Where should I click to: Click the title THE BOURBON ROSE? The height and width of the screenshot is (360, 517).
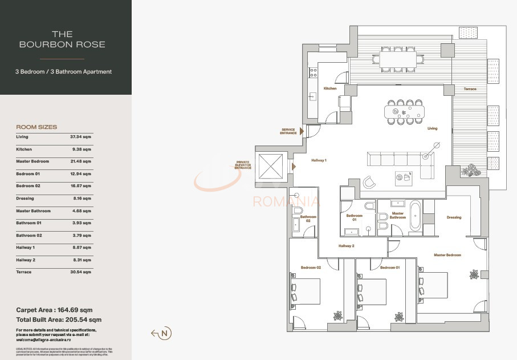pos(62,39)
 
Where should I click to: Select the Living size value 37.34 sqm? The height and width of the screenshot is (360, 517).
pos(80,137)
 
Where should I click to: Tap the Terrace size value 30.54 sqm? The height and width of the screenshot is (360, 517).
pos(80,272)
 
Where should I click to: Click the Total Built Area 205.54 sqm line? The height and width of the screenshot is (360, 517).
pos(59,320)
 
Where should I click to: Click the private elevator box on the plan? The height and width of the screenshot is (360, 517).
pos(270,166)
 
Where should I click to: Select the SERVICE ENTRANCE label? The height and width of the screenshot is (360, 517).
pos(288,131)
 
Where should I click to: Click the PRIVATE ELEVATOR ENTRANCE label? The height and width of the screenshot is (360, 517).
pos(243,165)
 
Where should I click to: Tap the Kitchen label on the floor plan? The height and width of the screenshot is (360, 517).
pos(329,88)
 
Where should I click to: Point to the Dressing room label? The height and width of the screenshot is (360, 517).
pos(454,217)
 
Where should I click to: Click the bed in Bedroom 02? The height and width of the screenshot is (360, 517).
pos(306,292)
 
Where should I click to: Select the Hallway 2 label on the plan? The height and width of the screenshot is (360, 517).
pos(346,246)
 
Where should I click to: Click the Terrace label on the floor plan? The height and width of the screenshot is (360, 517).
pos(470,89)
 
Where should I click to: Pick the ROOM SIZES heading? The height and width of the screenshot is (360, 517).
pos(36,127)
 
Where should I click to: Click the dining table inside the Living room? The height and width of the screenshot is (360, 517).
pos(404,112)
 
